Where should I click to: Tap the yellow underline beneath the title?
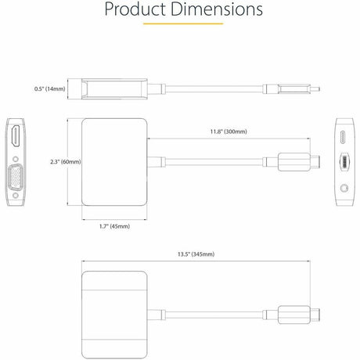[x=179, y=23]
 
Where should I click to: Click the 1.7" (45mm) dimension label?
[x=114, y=225]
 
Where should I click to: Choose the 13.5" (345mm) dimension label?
[x=197, y=254]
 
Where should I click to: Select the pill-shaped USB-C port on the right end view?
[x=344, y=136]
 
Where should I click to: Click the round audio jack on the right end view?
[x=344, y=189]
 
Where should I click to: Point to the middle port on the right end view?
[x=344, y=162]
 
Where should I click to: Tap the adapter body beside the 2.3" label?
[x=114, y=162]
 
